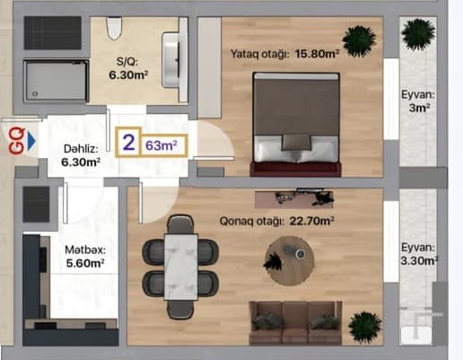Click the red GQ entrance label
[x=14, y=139]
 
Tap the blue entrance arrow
[x=31, y=140]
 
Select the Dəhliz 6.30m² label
[x=81, y=156]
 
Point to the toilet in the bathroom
[x=113, y=30]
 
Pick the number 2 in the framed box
[x=129, y=143]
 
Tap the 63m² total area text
[x=161, y=144]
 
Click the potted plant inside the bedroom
[x=360, y=39]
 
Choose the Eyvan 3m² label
[x=417, y=100]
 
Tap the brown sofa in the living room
[x=295, y=319]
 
